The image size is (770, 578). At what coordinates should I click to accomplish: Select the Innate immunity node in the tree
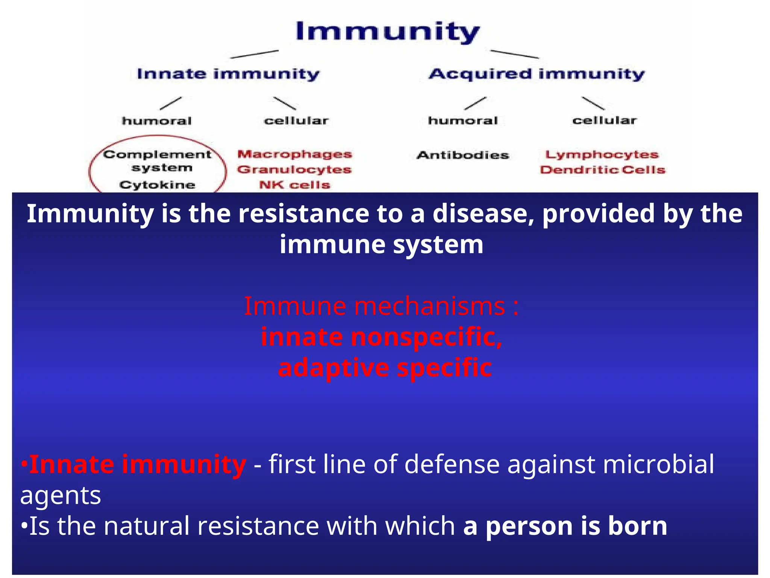[228, 74]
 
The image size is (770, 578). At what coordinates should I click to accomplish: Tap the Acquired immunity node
[537, 74]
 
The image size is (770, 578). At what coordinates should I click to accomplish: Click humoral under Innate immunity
[157, 121]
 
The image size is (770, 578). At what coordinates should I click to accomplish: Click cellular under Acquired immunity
[604, 121]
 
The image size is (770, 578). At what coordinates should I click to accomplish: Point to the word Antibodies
[463, 155]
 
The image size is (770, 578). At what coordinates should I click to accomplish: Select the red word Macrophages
[294, 154]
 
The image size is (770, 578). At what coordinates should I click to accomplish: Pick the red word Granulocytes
[294, 170]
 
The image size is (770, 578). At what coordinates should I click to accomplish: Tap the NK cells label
[294, 185]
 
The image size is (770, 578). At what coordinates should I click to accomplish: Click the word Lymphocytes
[602, 155]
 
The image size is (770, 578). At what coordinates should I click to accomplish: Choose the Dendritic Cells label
[603, 170]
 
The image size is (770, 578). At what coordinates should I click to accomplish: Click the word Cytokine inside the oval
[157, 185]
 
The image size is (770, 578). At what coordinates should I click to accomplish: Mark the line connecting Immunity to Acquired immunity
[514, 54]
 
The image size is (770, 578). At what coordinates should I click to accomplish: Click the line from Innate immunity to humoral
[171, 103]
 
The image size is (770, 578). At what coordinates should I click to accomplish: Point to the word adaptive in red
[333, 368]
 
